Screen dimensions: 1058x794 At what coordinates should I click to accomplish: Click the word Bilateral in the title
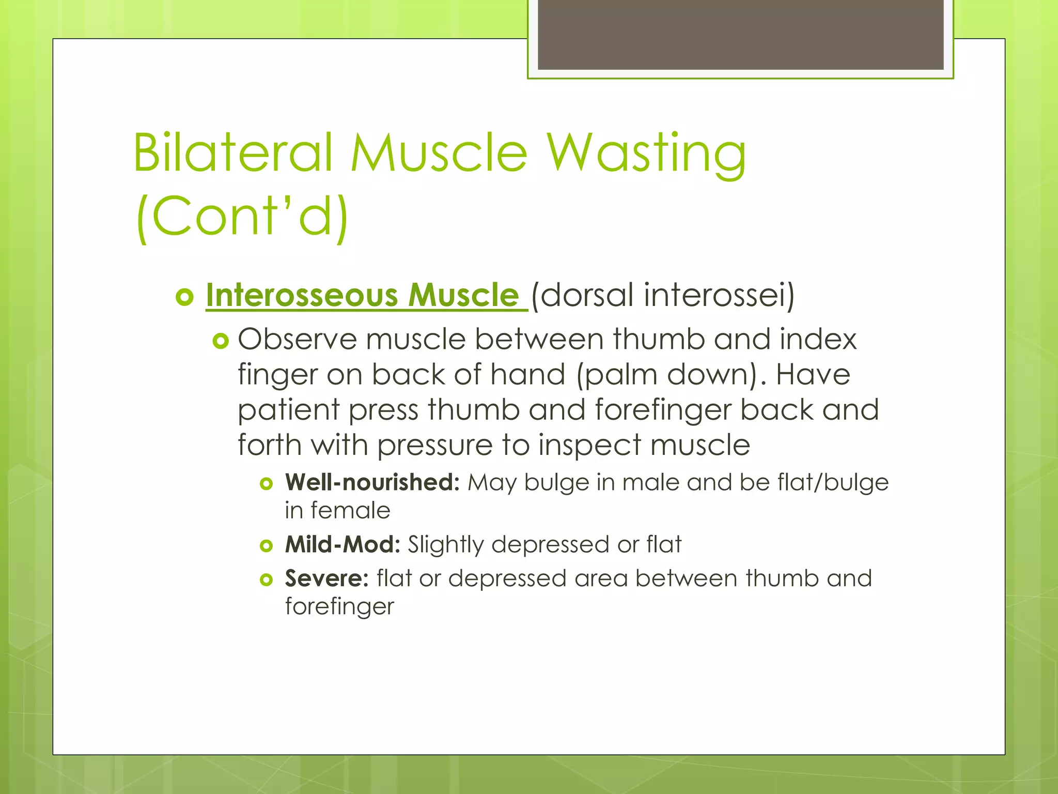pos(232,152)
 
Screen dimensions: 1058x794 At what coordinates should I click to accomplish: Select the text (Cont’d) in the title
pos(242,216)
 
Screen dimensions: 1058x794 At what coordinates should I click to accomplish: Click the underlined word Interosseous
pos(302,295)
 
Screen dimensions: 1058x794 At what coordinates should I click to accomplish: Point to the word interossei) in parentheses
pos(719,295)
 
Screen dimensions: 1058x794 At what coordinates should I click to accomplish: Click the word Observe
pos(297,340)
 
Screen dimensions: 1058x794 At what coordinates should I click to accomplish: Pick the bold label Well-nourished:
pos(372,482)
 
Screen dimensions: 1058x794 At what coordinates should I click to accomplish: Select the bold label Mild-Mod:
pos(343,544)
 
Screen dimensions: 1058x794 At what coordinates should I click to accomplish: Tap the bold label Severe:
pos(326,578)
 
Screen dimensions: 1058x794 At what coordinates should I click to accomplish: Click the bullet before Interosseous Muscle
pos(184,297)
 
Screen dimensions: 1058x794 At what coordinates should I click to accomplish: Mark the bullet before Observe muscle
pos(221,341)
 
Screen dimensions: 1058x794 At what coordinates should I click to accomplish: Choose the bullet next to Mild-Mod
pos(266,546)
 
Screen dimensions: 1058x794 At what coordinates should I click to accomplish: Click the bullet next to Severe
pos(266,580)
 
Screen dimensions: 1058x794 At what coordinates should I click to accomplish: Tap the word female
pos(350,511)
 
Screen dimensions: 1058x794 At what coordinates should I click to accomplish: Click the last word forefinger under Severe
pos(339,606)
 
